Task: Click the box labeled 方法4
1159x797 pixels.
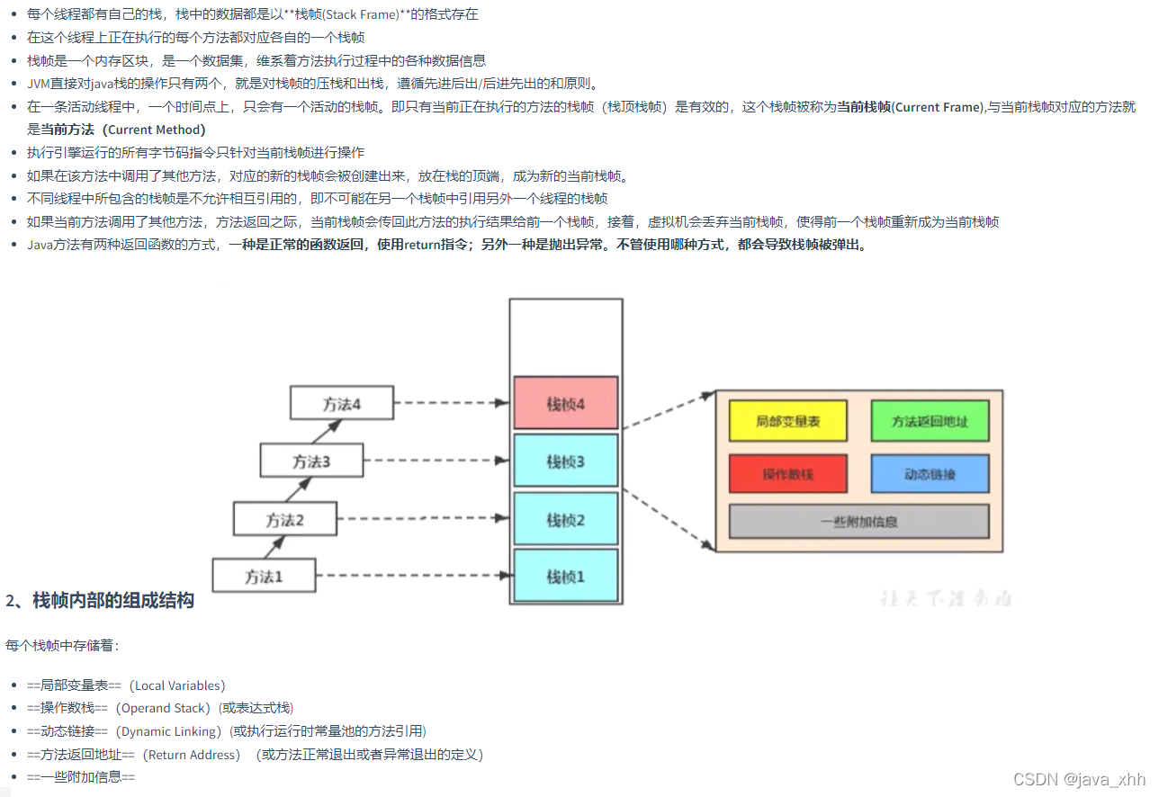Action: (342, 403)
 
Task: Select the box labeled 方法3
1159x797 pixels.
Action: (311, 461)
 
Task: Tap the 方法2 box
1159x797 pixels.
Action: (284, 519)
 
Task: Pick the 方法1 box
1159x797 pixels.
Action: (264, 576)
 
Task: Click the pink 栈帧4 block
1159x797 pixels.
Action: (566, 403)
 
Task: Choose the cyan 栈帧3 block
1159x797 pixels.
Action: (566, 461)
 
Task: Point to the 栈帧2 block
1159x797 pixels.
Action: (566, 519)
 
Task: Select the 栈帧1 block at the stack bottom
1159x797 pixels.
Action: (566, 576)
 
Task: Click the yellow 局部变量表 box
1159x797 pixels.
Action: (788, 421)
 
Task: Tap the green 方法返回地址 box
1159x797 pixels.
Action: (930, 421)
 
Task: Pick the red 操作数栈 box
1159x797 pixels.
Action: (788, 473)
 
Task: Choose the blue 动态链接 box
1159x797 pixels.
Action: (930, 473)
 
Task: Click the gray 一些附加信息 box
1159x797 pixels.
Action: (858, 521)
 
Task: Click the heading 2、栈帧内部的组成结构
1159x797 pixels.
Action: (100, 601)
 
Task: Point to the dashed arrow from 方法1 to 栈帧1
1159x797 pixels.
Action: (414, 575)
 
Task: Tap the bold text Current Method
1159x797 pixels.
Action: (156, 130)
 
